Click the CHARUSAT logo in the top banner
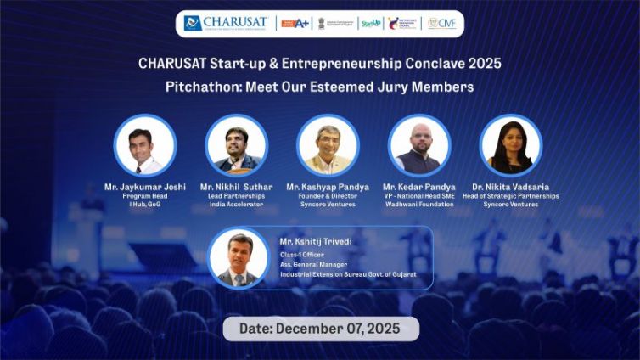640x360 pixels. (226, 23)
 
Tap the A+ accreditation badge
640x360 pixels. (295, 23)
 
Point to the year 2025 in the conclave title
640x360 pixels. (483, 65)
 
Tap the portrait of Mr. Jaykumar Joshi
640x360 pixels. (145, 145)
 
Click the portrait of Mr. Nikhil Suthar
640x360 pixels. (237, 145)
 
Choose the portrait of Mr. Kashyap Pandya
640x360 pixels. (328, 145)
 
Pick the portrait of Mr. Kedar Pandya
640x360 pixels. (419, 145)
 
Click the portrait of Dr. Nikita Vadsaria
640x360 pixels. (511, 145)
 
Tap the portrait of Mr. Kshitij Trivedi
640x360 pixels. (239, 257)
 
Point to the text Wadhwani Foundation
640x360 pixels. (419, 205)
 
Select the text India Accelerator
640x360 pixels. (237, 205)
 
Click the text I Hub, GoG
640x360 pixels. (144, 205)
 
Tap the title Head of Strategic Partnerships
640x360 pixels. (511, 196)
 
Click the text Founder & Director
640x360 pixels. (328, 196)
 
